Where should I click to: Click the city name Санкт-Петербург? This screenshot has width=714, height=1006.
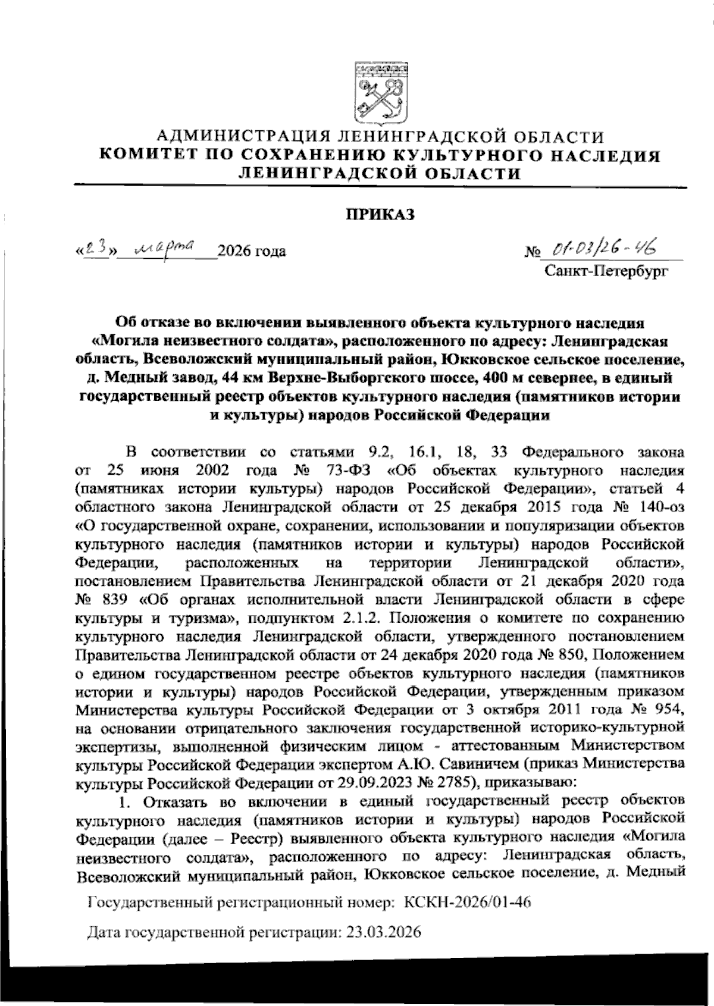606,272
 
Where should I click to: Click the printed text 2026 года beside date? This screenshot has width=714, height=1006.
252,252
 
